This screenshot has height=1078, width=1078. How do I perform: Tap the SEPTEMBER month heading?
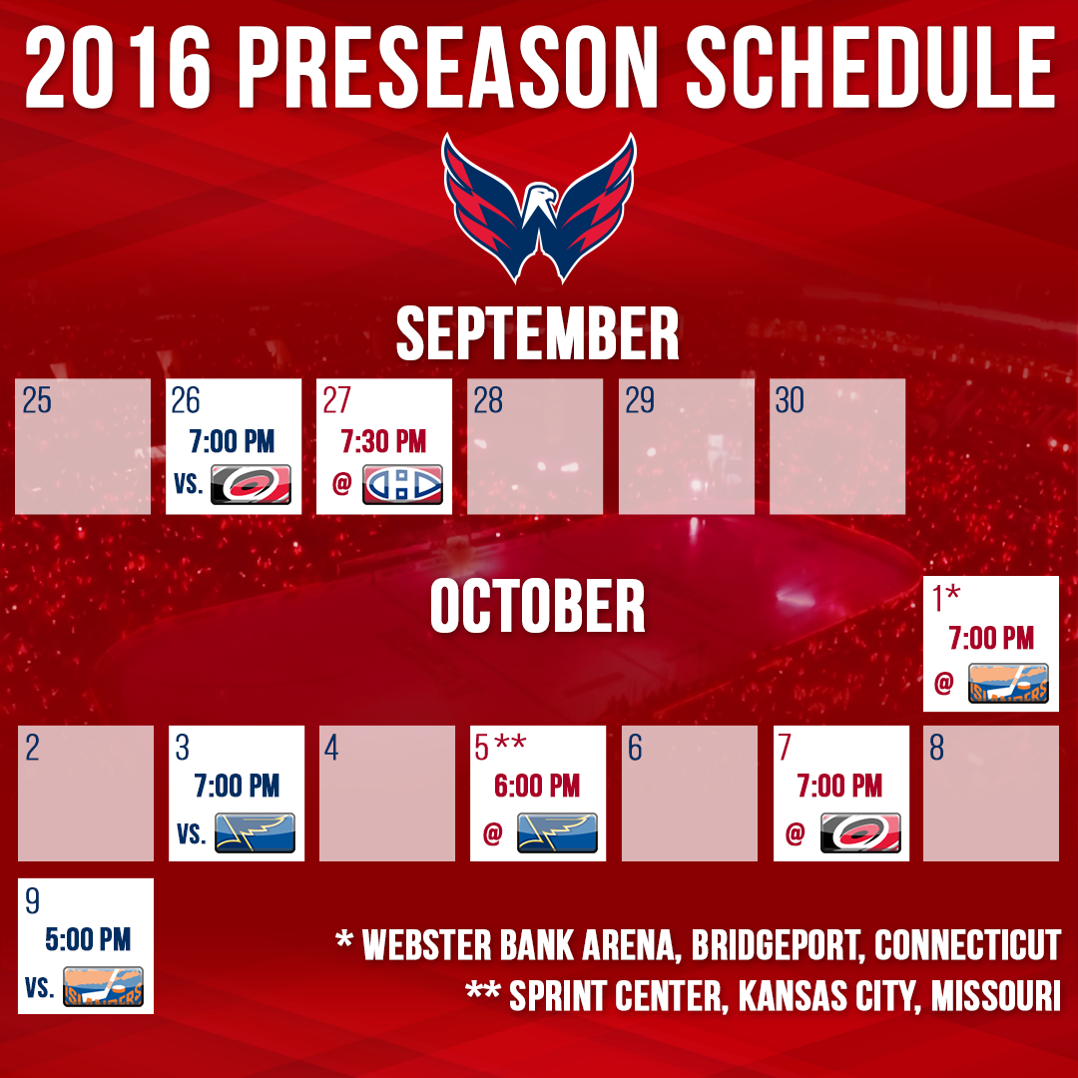[x=538, y=334]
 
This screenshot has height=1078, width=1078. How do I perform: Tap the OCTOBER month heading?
[x=538, y=606]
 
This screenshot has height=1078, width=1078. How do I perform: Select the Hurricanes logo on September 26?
[x=251, y=484]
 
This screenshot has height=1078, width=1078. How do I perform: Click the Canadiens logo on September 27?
[x=401, y=485]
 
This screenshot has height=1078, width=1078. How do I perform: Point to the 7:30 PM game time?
[x=383, y=441]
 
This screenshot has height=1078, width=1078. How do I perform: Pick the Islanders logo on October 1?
[x=1008, y=684]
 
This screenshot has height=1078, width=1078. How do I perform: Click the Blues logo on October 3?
[x=255, y=832]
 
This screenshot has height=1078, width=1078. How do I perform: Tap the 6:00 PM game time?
[x=537, y=787]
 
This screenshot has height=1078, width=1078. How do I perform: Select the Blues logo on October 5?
[x=557, y=832]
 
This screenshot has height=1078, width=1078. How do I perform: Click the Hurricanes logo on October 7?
[x=860, y=832]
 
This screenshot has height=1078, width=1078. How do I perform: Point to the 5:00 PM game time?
[x=88, y=939]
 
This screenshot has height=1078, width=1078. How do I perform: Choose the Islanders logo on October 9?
[x=103, y=986]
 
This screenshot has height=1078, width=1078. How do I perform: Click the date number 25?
[x=37, y=400]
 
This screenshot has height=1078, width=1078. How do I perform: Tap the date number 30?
[x=790, y=400]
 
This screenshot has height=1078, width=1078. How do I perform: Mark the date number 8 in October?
[x=936, y=749]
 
